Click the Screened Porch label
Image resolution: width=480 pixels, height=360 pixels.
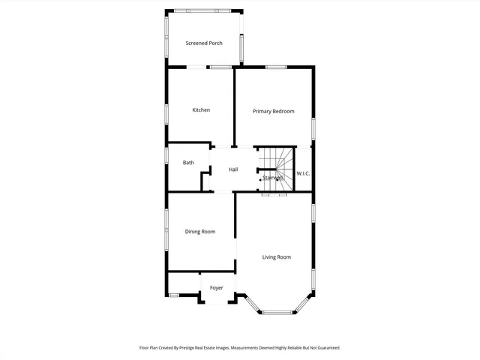204,43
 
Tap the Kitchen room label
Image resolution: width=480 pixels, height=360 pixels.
201,110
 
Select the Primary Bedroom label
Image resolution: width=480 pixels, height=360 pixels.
273,112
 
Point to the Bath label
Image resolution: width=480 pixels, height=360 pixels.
188,163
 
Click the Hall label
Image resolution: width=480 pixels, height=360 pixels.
233,169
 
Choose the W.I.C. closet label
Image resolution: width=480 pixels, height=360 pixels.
303,174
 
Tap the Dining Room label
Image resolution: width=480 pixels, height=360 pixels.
200,232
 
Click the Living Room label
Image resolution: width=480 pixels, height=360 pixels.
276,257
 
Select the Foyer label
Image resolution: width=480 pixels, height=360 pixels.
217,288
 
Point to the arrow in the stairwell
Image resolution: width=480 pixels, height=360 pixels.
260,180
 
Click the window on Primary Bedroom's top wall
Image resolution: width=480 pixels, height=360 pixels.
276,67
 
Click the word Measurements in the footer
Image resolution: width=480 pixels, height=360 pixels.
250,348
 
